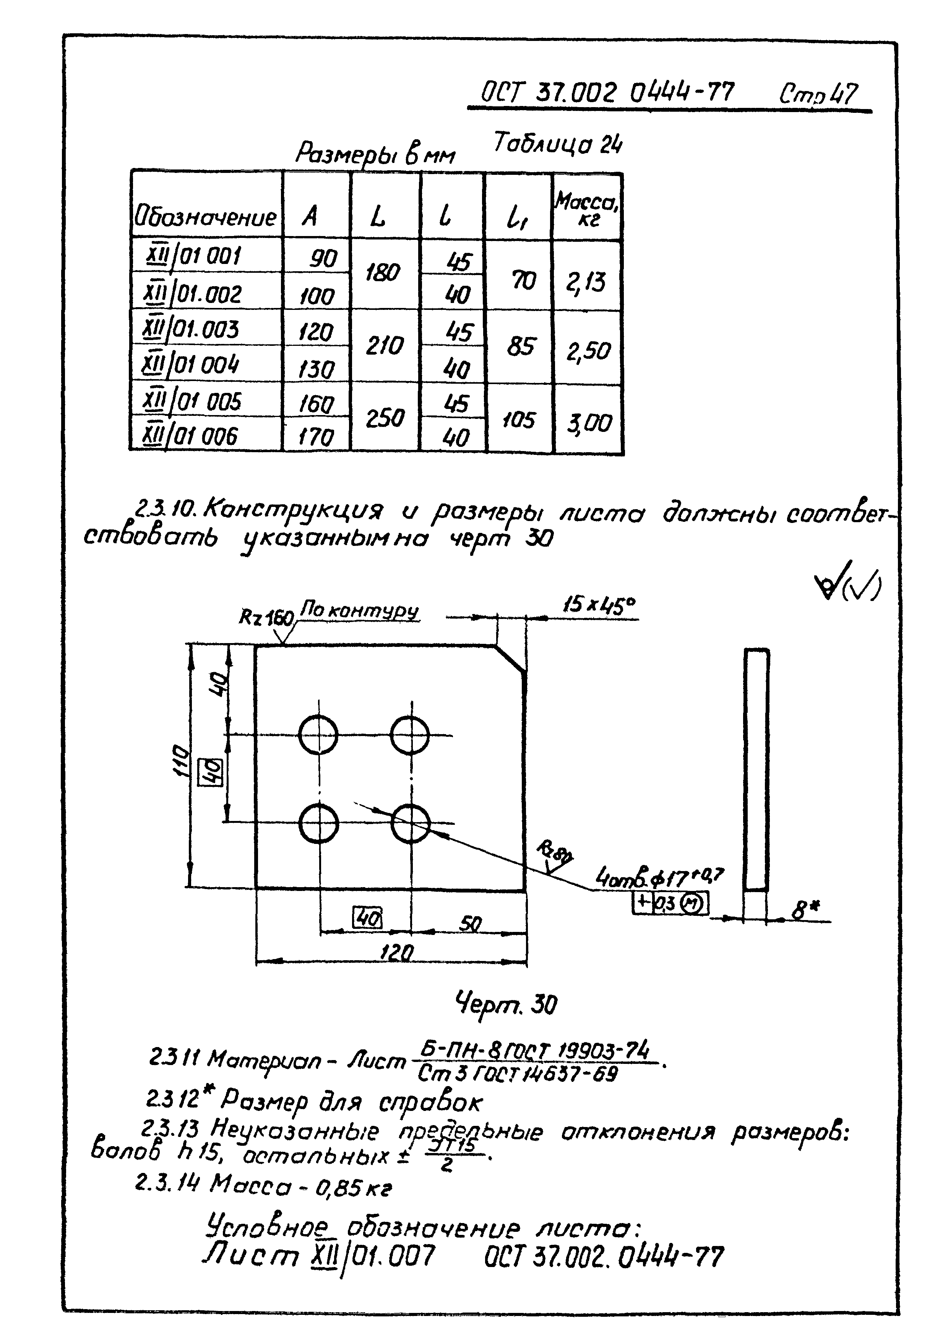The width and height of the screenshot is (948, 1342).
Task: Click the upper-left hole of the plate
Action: coord(318,735)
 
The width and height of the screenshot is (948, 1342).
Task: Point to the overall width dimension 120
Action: coord(397,953)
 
